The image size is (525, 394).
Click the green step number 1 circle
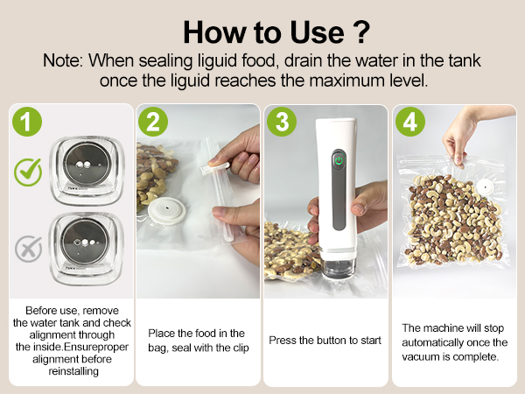tap(27, 122)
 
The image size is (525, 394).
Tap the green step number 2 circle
tap(153, 122)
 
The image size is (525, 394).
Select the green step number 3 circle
tap(282, 122)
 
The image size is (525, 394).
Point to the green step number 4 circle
tap(410, 122)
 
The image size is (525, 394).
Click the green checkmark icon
tap(28, 172)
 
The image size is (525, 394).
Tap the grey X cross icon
tap(29, 249)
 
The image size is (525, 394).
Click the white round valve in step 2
tap(167, 210)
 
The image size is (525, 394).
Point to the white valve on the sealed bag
tap(484, 186)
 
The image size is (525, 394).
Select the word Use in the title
tap(317, 32)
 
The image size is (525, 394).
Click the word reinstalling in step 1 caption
tap(73, 371)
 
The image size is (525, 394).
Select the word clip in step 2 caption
tap(241, 348)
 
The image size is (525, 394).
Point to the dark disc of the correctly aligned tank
tap(87, 164)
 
